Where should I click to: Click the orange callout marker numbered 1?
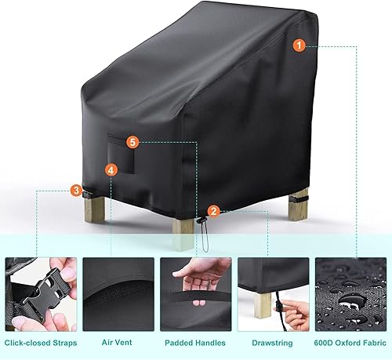299,45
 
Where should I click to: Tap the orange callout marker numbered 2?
214,209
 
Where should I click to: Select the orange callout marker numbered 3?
75,190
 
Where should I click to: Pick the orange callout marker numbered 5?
133,142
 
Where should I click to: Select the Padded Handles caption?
194,343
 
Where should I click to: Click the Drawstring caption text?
272,343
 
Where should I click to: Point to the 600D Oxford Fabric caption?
350,343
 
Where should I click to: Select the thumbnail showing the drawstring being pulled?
273,293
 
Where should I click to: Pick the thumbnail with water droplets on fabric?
350,293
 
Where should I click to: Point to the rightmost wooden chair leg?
299,203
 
